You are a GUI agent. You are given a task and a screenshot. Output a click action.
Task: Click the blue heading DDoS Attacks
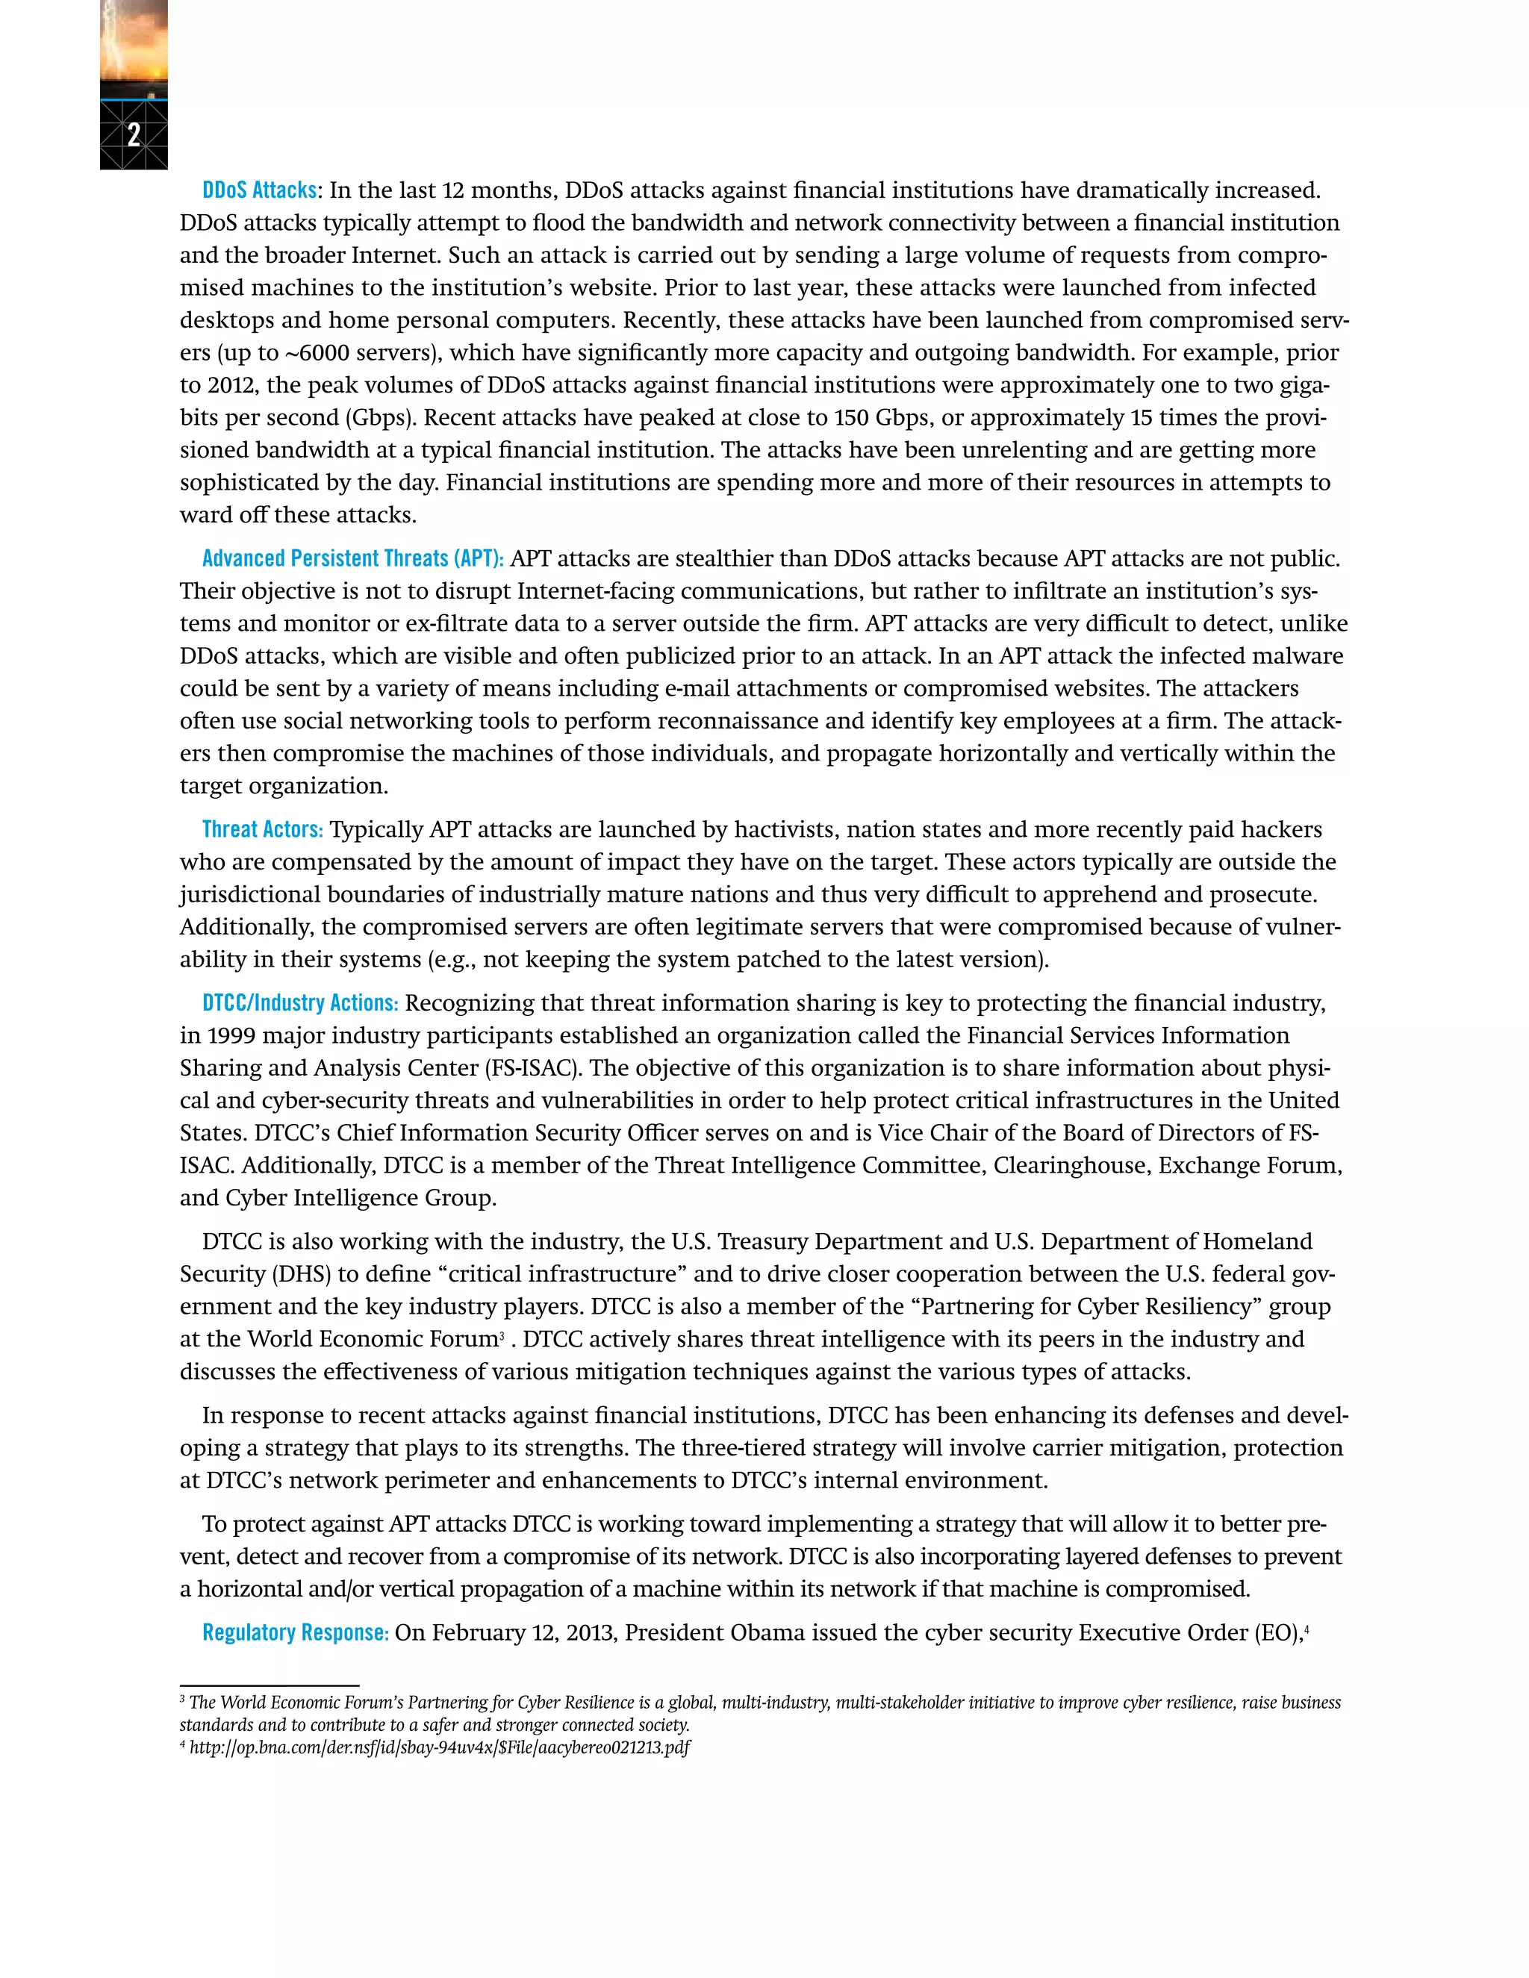click(259, 190)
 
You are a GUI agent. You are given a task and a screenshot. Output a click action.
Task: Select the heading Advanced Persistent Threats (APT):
click(352, 559)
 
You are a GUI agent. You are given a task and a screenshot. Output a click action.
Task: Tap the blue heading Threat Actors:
click(262, 829)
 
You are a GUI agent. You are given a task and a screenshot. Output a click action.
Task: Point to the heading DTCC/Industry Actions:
click(300, 1003)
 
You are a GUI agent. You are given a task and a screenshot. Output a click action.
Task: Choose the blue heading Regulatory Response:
click(296, 1633)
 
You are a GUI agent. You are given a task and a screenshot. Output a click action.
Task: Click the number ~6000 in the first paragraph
click(318, 353)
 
